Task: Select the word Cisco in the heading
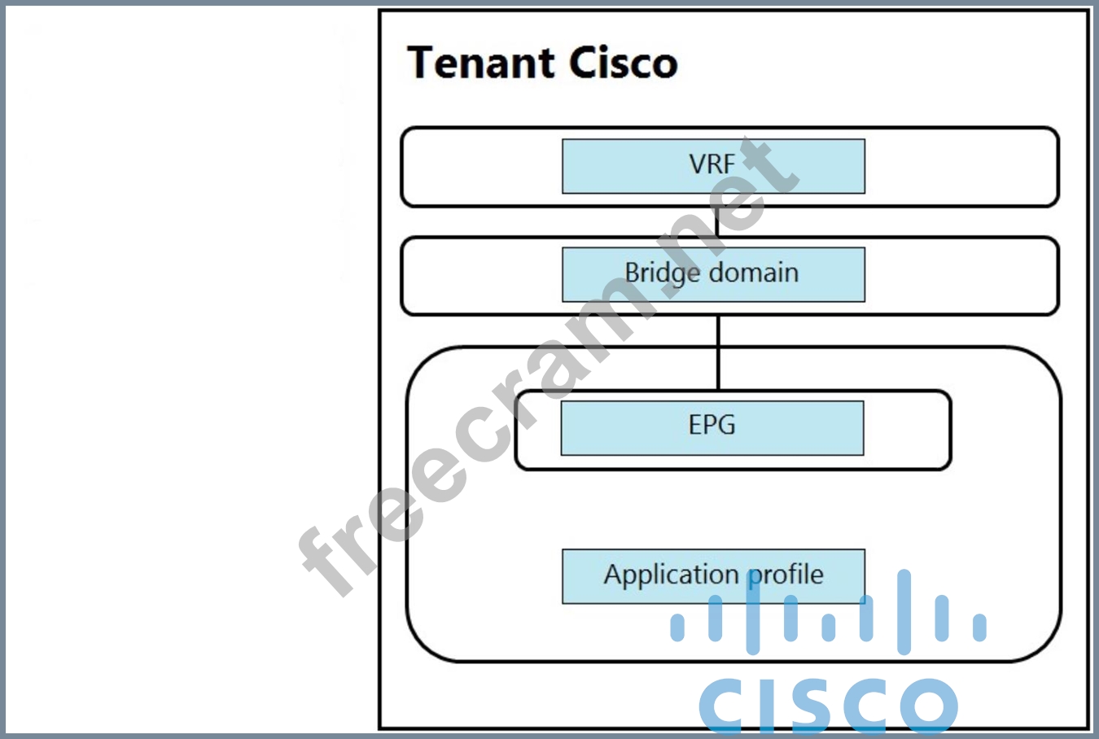click(623, 63)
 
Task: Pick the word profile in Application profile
click(786, 575)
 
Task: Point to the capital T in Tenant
click(423, 63)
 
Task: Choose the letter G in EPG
click(725, 425)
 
